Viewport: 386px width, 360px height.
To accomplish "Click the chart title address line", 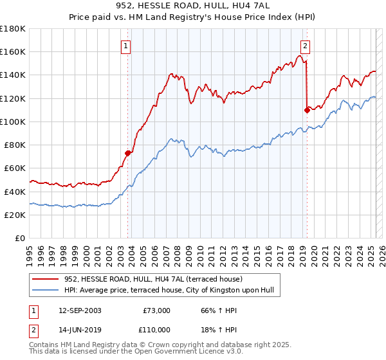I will (x=193, y=6).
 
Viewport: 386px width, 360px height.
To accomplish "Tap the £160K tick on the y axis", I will (x=14, y=51).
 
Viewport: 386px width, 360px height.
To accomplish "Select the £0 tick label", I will (x=20, y=238).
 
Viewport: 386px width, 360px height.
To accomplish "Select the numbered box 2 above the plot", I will (x=304, y=45).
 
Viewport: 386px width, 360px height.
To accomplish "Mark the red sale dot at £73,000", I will (x=128, y=153).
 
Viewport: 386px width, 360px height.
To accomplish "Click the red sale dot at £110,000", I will (x=307, y=110).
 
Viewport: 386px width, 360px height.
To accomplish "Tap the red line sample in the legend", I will (x=46, y=279).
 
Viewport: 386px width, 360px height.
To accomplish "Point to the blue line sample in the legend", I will (x=46, y=290).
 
